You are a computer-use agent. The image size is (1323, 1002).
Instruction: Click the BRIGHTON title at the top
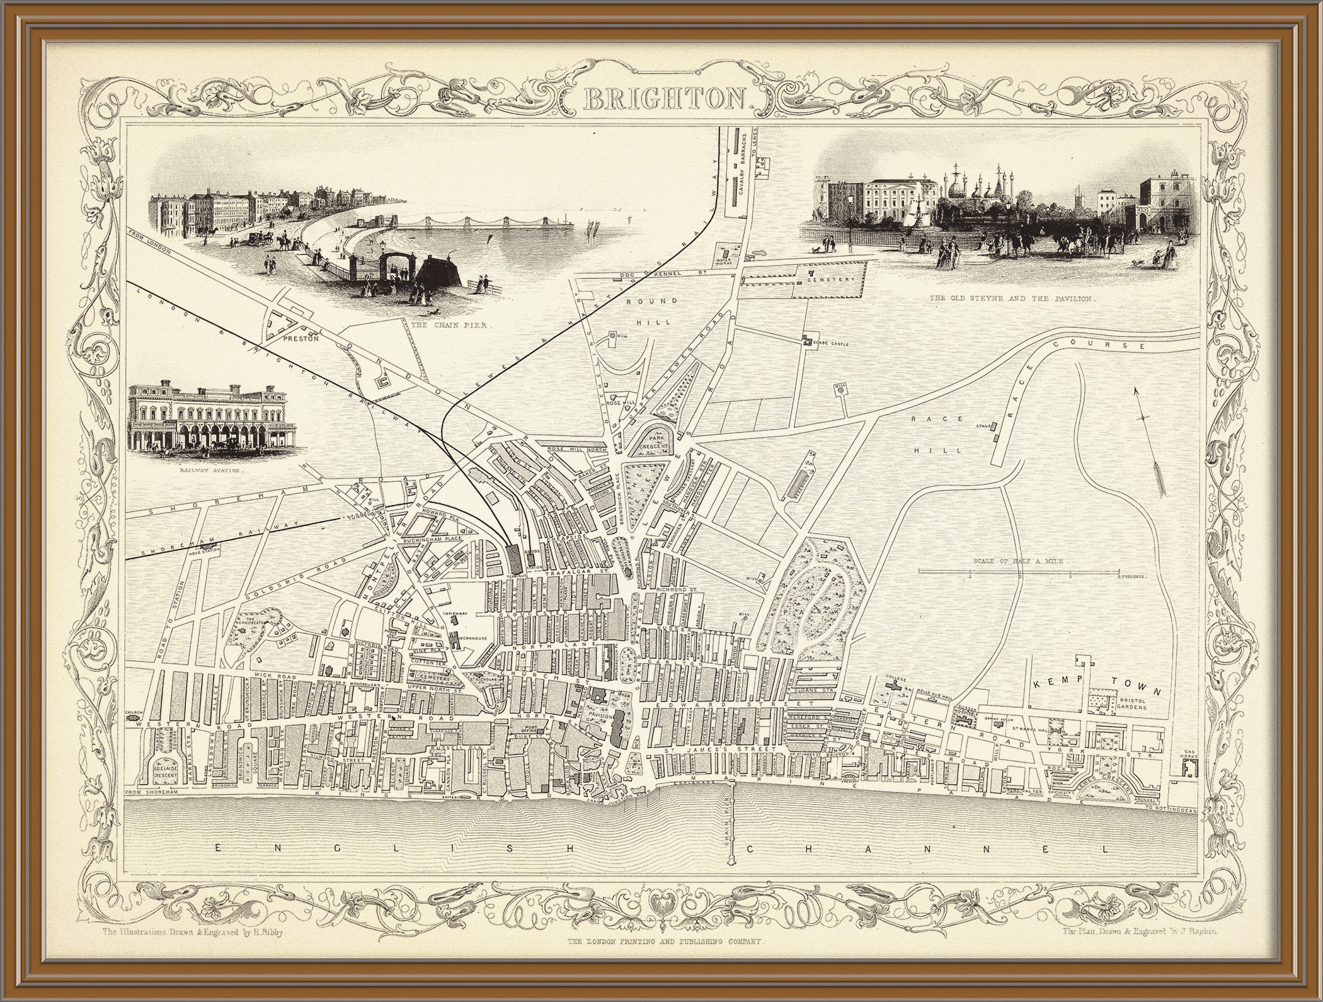[x=666, y=99]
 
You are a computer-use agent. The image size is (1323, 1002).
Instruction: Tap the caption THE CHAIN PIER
[x=450, y=326]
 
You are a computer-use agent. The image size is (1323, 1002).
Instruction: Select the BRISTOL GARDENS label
[x=1128, y=704]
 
